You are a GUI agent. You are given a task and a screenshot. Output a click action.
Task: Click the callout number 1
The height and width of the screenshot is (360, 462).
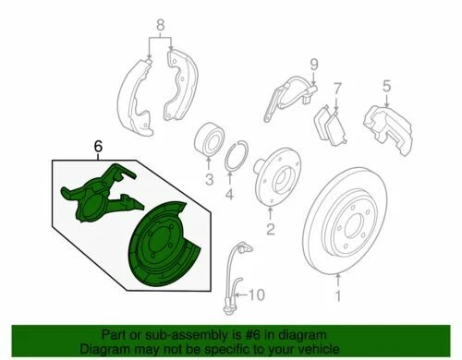[338, 297]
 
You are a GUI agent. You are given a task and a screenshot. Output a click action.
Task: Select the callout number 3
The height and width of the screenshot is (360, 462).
[210, 179]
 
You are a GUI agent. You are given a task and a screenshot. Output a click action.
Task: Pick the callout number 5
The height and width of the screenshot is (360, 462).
[387, 88]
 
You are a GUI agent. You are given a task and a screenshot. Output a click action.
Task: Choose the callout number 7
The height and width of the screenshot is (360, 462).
[337, 88]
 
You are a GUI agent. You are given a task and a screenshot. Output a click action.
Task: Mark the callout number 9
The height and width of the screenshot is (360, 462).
[313, 64]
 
